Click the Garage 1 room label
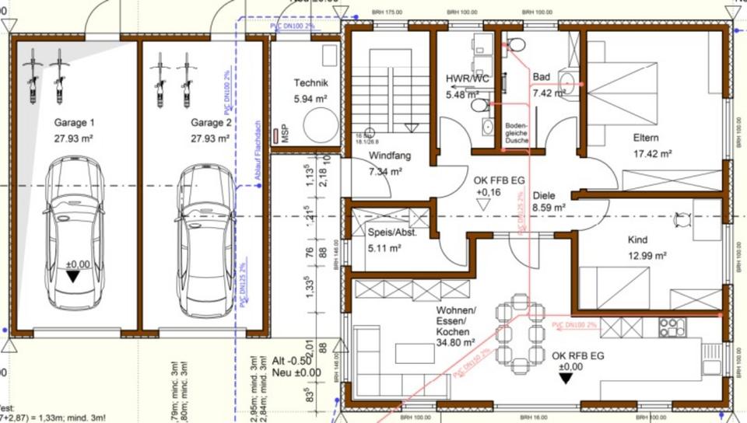pos(74,123)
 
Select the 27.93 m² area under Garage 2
pos(210,138)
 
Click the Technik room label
pos(310,83)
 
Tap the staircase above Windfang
pos(388,86)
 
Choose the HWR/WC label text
pos(467,79)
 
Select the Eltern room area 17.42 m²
pos(652,154)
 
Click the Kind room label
pos(637,239)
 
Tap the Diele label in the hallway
pos(546,196)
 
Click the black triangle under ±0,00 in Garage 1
pos(72,277)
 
